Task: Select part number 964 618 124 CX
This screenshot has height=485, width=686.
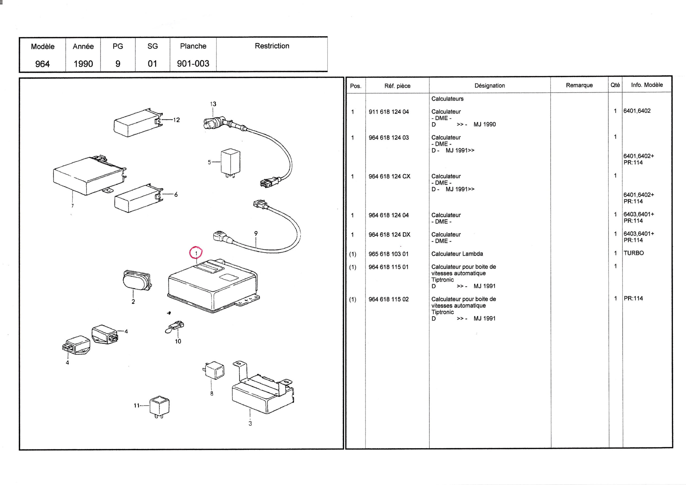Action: [389, 176]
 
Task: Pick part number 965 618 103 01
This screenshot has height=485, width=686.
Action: [388, 254]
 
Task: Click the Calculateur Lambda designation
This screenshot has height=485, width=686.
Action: [457, 254]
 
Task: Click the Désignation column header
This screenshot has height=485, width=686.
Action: [490, 85]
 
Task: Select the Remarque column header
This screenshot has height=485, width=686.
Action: [579, 85]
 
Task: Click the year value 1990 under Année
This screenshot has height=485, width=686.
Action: [83, 64]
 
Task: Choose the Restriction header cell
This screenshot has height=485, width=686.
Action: [272, 46]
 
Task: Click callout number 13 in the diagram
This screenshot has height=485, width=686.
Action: [213, 104]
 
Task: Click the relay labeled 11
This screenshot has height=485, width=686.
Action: [159, 407]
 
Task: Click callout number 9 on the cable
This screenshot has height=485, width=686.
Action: [256, 233]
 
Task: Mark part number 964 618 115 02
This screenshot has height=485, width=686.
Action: [388, 299]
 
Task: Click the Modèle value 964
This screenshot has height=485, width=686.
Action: [42, 64]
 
